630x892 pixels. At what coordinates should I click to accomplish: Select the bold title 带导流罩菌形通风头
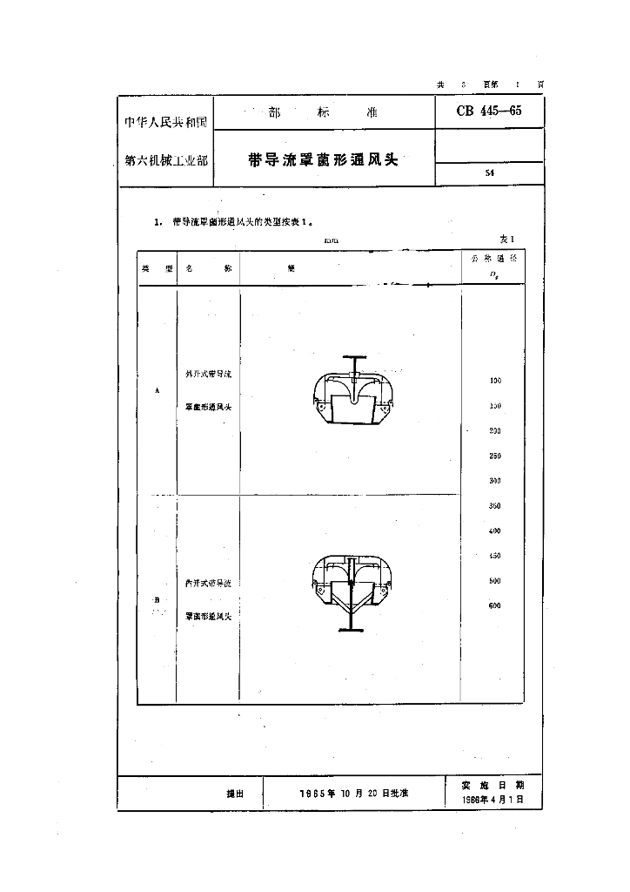click(x=323, y=159)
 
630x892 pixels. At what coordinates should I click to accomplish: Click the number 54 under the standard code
click(x=490, y=173)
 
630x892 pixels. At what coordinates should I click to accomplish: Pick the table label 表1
click(x=507, y=239)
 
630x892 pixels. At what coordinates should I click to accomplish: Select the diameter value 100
click(x=495, y=381)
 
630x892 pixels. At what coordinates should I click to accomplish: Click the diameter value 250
click(x=495, y=456)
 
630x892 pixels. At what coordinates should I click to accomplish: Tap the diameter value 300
click(x=495, y=481)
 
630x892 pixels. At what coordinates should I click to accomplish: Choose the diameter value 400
click(x=495, y=530)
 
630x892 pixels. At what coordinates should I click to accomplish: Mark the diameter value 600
click(x=495, y=605)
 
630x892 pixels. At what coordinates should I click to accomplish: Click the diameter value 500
click(x=495, y=580)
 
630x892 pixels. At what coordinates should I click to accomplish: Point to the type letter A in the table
click(x=157, y=390)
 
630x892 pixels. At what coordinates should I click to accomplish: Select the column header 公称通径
click(x=493, y=260)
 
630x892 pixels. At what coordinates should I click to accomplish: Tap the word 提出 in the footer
click(x=235, y=794)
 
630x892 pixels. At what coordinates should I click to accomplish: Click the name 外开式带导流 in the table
click(x=209, y=374)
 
